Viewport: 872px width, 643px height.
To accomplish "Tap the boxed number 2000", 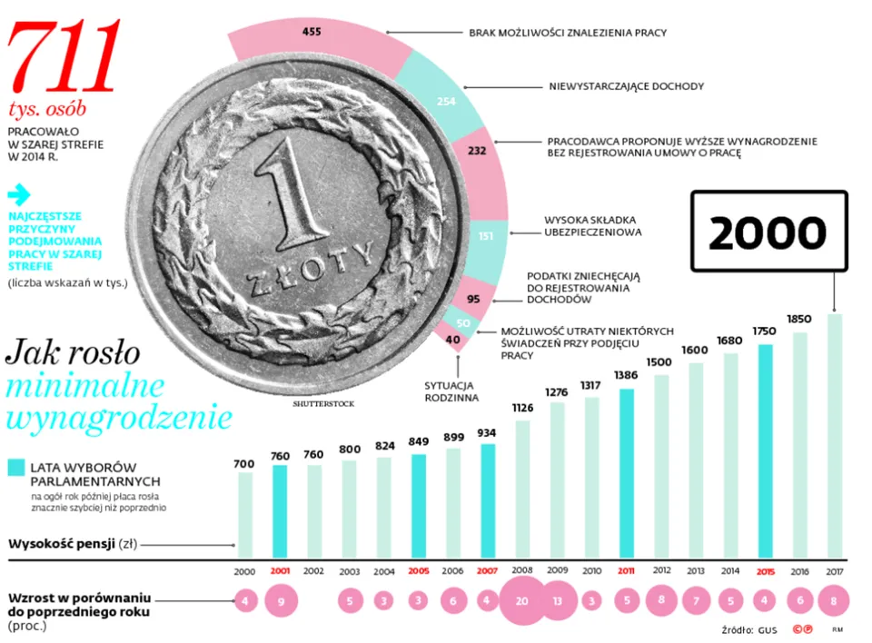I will coord(768,232).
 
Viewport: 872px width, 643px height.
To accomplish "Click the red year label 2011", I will coord(627,571).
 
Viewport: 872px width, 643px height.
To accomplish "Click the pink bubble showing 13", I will coord(558,600).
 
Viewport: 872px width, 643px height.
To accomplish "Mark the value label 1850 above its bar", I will coord(798,319).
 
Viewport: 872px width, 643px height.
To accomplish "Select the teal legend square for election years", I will coord(16,468).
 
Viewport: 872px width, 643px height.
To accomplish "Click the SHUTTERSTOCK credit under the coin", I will coord(323,403).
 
